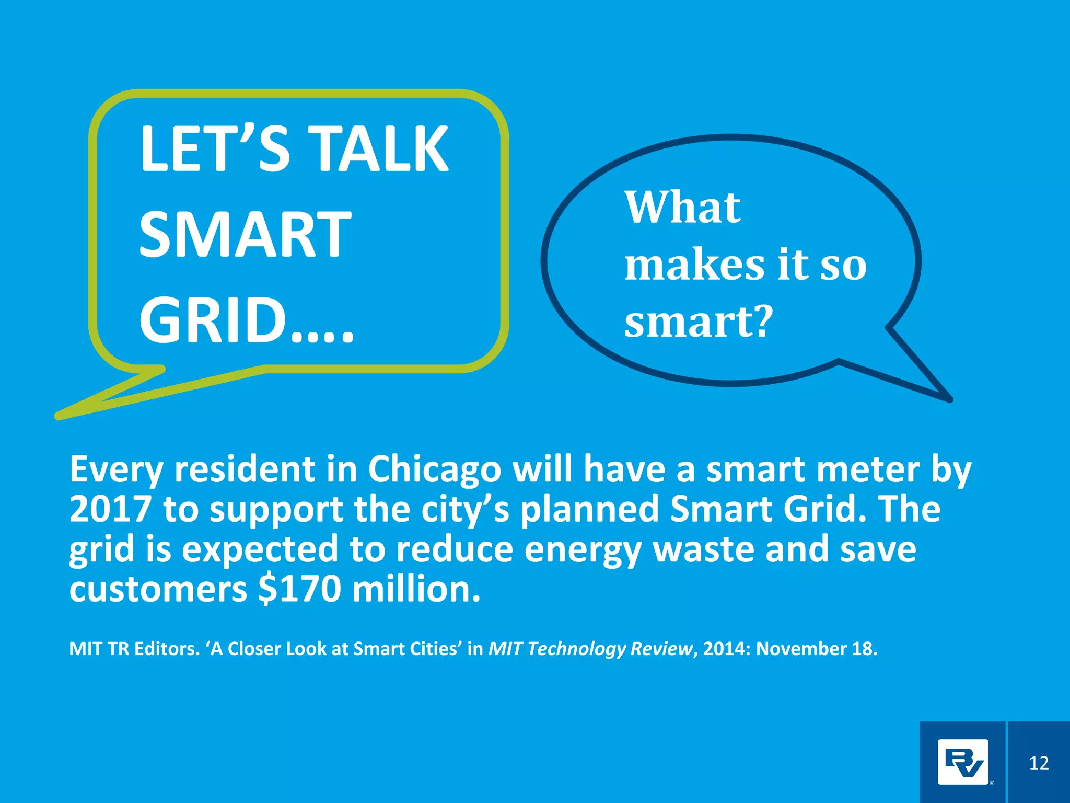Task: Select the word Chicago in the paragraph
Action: pos(435,469)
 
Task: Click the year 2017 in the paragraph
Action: pos(110,509)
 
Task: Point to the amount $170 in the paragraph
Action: pos(299,589)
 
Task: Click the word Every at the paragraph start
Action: pos(116,469)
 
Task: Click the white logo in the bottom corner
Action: pos(963,762)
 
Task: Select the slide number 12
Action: pos(1039,763)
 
